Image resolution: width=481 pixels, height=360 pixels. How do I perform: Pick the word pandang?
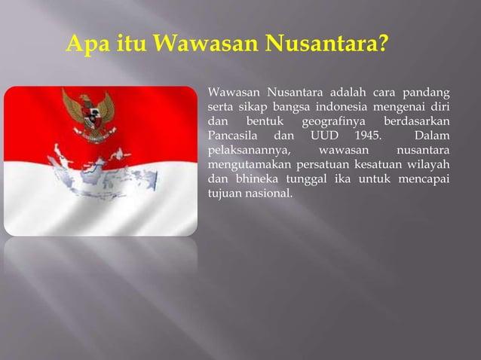point(428,94)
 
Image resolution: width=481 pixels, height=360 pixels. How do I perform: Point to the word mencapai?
point(427,180)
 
